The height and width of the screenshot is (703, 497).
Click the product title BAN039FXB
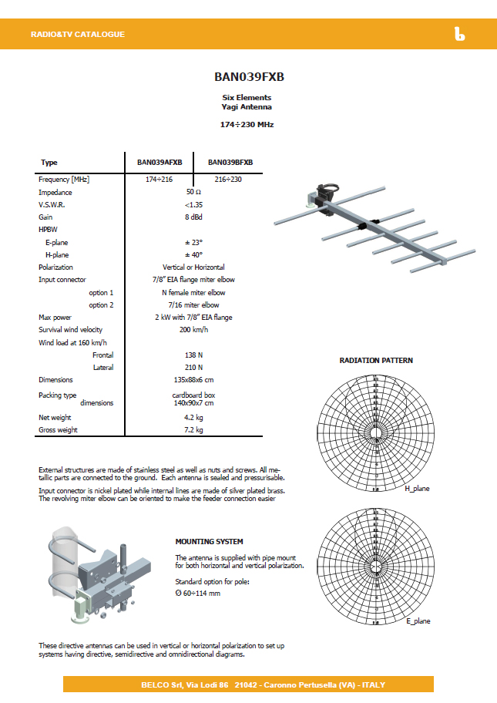point(247,77)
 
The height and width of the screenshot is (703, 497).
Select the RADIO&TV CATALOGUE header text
point(77,35)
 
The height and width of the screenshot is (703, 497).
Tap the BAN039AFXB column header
point(160,163)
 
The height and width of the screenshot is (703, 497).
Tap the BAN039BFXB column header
point(230,163)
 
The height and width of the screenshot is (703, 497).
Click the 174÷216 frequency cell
point(160,180)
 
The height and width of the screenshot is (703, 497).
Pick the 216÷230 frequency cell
point(228,180)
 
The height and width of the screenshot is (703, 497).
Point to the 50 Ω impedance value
point(193,192)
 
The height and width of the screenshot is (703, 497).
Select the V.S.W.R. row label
point(52,205)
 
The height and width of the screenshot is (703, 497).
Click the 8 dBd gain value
point(193,217)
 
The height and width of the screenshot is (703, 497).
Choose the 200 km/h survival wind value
point(193,330)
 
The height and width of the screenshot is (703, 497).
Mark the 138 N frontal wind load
point(193,355)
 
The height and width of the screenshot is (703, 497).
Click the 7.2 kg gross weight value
point(193,430)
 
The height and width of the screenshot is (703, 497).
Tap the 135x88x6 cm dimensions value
point(193,380)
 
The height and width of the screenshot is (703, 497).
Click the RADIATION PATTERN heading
point(376,360)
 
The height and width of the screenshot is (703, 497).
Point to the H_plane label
point(417,489)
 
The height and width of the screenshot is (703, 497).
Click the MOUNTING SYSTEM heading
point(209,541)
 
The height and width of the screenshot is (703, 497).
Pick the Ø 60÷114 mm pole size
point(198,593)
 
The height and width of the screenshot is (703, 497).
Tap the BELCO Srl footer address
point(248,684)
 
